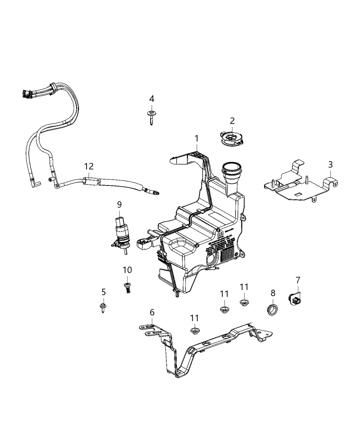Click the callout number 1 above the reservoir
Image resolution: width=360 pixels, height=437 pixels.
click(x=196, y=138)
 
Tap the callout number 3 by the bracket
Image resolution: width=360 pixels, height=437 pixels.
click(x=330, y=165)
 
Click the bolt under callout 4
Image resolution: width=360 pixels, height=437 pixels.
click(x=151, y=117)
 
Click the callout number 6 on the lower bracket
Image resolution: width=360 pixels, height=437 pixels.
click(x=152, y=312)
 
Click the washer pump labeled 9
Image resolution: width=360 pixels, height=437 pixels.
click(x=120, y=233)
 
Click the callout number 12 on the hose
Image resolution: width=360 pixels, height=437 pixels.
click(x=89, y=167)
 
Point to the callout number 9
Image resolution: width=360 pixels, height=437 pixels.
click(x=119, y=205)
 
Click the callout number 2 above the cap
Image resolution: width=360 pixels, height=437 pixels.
click(x=232, y=121)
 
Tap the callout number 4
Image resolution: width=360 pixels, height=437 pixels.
click(x=151, y=99)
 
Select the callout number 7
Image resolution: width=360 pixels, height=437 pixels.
click(x=297, y=280)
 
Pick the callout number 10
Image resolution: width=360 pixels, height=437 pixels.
click(x=127, y=270)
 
